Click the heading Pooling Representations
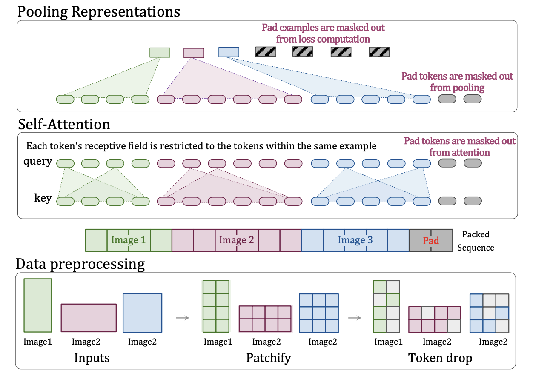(x=98, y=11)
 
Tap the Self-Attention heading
(x=64, y=124)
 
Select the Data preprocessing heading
(x=80, y=264)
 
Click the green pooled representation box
(x=160, y=52)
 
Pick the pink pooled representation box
(x=194, y=53)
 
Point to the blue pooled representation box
(x=229, y=52)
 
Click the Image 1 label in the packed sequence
(x=128, y=240)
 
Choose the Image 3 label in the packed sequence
(x=355, y=240)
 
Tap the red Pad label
(x=430, y=240)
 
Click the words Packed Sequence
(x=476, y=241)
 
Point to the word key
(x=43, y=198)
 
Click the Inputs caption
(x=92, y=358)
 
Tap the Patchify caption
(x=268, y=358)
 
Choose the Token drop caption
(x=440, y=358)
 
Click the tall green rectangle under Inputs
(x=38, y=305)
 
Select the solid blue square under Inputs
(x=142, y=313)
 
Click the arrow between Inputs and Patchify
(x=182, y=318)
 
